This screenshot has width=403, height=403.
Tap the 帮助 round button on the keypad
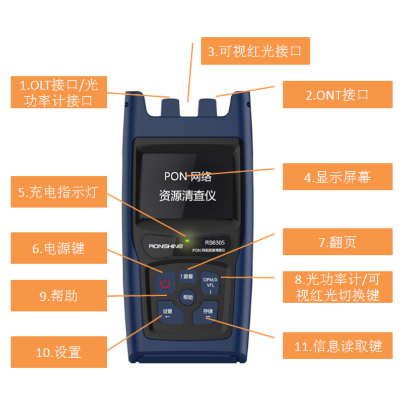click(x=187, y=297)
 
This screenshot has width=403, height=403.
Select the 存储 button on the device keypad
click(x=207, y=314)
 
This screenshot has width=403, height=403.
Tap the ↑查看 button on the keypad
click(x=186, y=277)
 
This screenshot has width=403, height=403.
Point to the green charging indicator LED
click(x=187, y=241)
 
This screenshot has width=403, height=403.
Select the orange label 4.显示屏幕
click(x=337, y=177)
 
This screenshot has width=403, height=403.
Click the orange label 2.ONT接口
click(x=337, y=95)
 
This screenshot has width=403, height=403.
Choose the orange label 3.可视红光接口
click(x=255, y=51)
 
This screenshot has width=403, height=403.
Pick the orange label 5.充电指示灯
click(x=59, y=192)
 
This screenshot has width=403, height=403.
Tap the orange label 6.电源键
click(x=59, y=248)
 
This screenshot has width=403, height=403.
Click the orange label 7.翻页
click(x=337, y=242)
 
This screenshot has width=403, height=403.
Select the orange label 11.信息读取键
click(x=337, y=347)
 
